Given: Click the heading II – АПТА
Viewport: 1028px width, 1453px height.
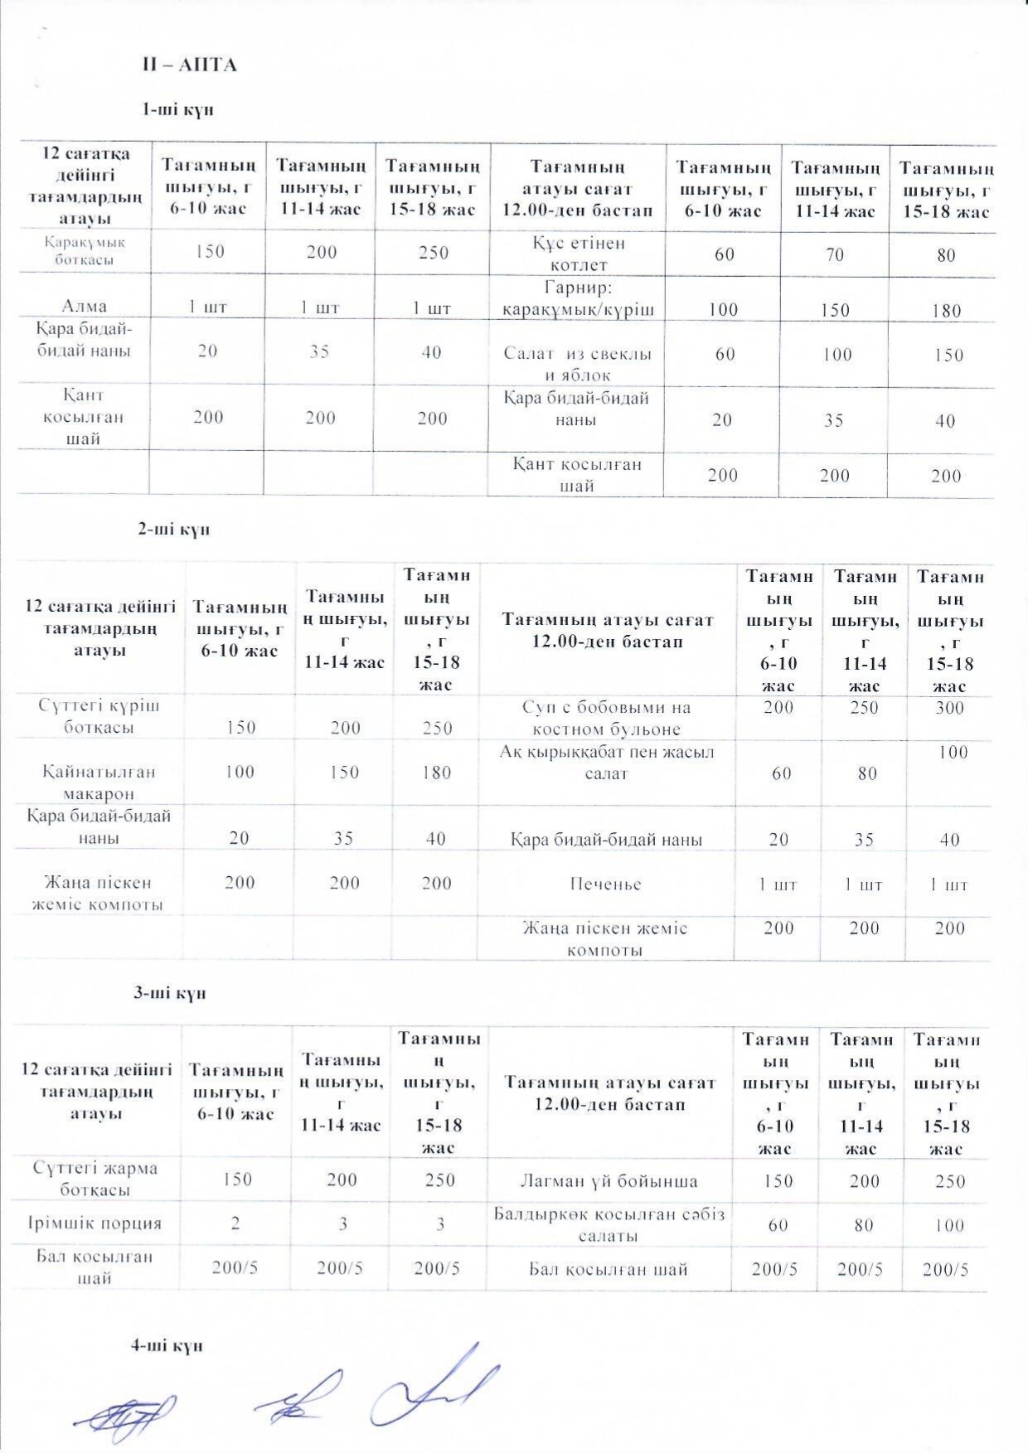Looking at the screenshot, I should [189, 65].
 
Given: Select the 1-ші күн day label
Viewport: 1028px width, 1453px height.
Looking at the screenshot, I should [177, 109].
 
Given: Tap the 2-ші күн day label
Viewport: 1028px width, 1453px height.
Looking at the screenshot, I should [173, 530].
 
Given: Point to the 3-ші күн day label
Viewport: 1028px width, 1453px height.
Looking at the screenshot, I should [170, 993].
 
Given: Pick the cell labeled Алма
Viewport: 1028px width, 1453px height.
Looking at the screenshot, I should [85, 306].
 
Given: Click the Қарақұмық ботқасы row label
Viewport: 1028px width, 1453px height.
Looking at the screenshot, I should [85, 251].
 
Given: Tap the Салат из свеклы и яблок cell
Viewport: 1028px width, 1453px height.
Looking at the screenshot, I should [578, 364].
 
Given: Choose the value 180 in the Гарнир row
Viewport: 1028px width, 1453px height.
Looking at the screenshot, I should [946, 311].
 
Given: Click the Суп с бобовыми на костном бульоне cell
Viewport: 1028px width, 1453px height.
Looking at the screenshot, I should [606, 719].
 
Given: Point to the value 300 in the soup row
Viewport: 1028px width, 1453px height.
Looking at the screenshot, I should [949, 707].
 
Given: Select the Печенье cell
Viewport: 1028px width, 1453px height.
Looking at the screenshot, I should [605, 884].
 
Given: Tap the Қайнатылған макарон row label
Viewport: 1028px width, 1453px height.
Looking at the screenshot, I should [99, 782].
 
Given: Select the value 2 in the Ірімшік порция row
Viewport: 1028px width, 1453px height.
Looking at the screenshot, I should [235, 1223].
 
